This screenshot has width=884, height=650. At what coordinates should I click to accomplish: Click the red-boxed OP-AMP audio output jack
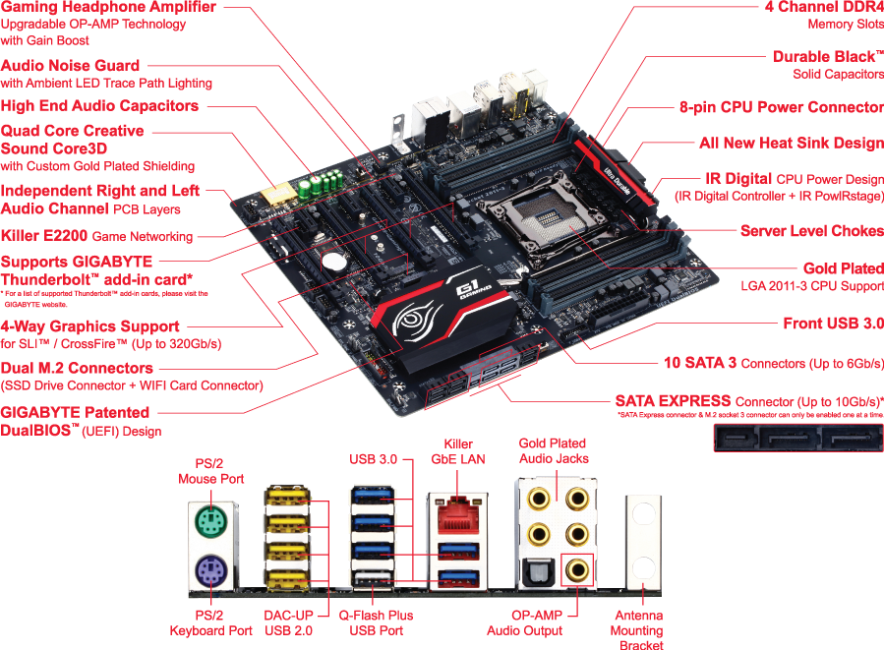pyautogui.click(x=573, y=568)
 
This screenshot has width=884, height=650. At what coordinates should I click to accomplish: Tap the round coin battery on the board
pyautogui.click(x=336, y=262)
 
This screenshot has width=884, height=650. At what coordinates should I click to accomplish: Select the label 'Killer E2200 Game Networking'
pyautogui.click(x=97, y=236)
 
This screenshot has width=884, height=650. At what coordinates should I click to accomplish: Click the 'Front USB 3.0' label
pyautogui.click(x=833, y=323)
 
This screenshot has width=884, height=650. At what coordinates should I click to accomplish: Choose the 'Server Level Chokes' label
pyautogui.click(x=811, y=231)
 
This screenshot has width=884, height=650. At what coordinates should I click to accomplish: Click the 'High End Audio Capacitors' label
pyautogui.click(x=99, y=105)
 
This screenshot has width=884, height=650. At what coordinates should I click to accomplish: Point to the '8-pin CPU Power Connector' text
pyautogui.click(x=781, y=106)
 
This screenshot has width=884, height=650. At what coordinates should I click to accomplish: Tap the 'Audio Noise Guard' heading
pyautogui.click(x=71, y=65)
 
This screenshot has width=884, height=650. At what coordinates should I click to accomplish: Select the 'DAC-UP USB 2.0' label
pyautogui.click(x=290, y=622)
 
